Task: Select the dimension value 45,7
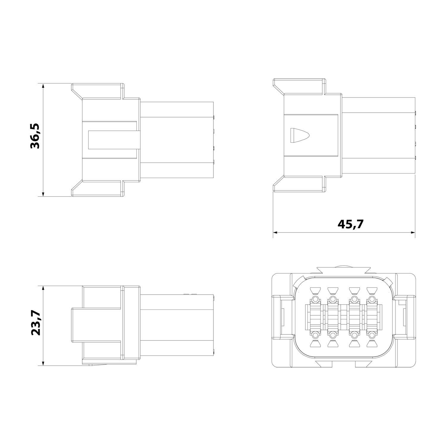point(351,224)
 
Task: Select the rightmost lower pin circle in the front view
point(372,335)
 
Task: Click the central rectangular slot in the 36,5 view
point(114,140)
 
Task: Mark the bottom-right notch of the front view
point(364,363)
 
